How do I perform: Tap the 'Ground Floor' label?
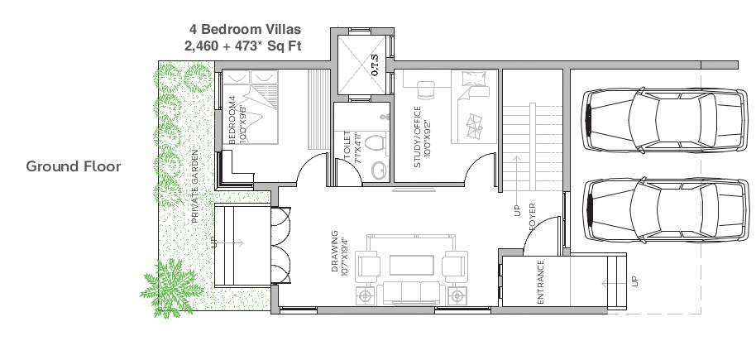[74, 166]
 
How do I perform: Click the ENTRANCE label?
[539, 284]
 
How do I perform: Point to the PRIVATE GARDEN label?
[195, 188]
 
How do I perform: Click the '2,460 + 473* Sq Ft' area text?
[243, 46]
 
